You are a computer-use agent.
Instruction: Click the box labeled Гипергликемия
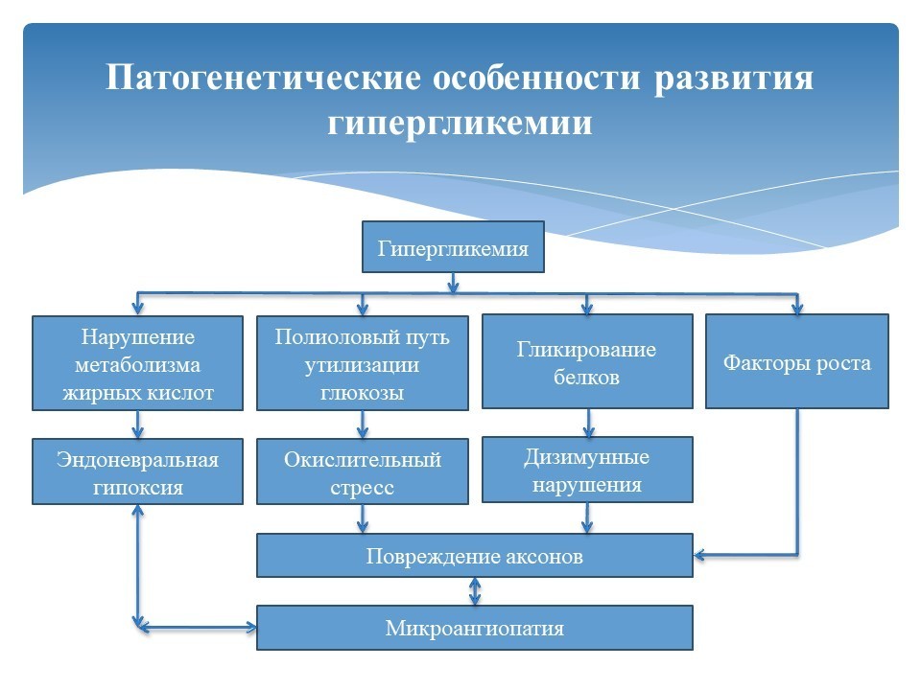point(453,247)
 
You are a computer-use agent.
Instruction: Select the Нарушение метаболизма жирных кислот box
point(137,363)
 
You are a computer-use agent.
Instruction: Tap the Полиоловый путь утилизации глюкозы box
point(363,363)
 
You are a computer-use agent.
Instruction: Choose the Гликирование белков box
point(587,361)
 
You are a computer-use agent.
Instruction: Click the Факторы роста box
point(797,361)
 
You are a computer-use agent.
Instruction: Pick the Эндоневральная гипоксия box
point(137,471)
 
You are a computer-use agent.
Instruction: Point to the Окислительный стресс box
point(363,471)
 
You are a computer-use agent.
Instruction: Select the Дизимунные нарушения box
point(587,470)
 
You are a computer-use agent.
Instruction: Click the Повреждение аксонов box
point(475,555)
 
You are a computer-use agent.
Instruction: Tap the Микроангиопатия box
point(475,628)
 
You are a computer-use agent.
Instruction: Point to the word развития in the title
point(734,78)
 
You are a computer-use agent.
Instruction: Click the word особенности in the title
point(536,77)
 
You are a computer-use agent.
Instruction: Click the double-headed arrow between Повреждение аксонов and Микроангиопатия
point(475,591)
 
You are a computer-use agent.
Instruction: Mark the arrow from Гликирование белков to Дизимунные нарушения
point(587,423)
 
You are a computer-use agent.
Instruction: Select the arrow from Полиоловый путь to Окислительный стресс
point(363,425)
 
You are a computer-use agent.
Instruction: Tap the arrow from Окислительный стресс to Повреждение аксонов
point(363,518)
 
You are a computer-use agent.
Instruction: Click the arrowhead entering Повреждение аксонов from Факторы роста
point(699,555)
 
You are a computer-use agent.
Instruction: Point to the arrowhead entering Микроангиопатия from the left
point(250,627)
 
